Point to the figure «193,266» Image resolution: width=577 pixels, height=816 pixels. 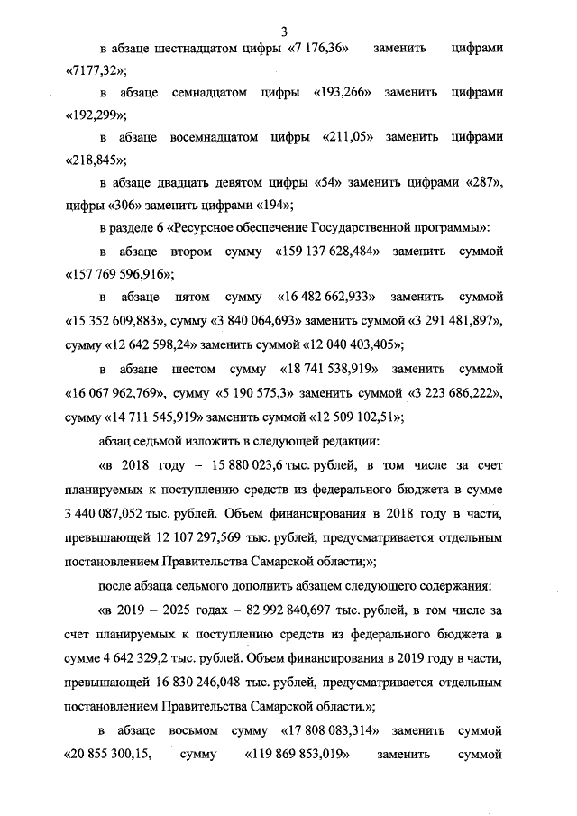tap(343, 92)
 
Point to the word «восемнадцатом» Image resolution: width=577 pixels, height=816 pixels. tap(214, 138)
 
